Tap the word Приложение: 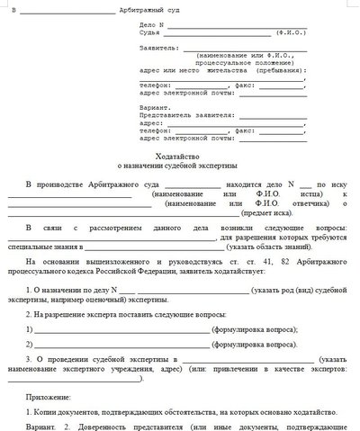(48, 395)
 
